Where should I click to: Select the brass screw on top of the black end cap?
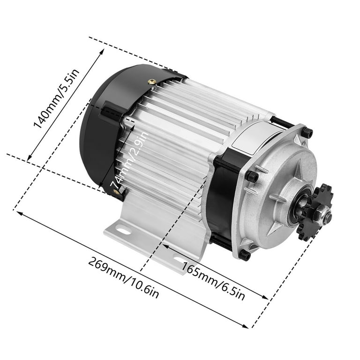tap(152, 82)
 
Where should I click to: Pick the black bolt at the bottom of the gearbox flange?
tap(245, 255)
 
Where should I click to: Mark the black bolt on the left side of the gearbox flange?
tap(252, 176)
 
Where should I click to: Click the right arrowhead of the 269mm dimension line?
tap(251, 326)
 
